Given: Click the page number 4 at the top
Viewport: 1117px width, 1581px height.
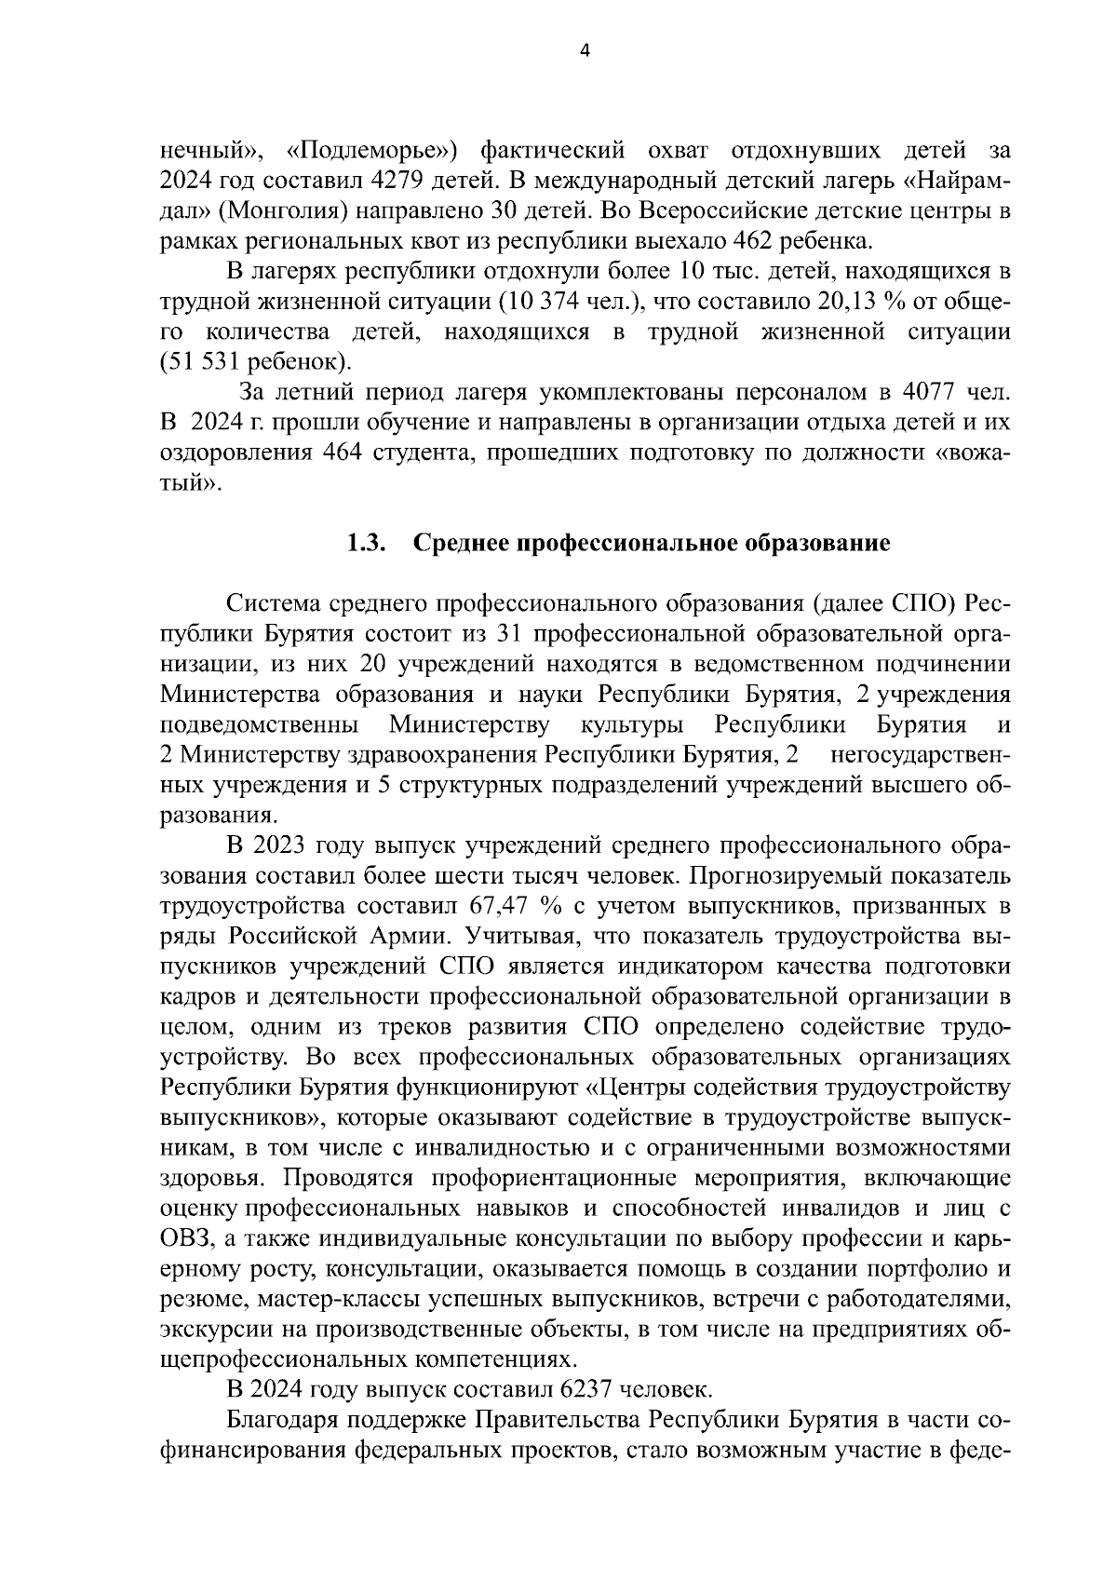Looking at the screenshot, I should click(585, 52).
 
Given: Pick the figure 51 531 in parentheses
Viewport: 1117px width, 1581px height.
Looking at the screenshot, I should click(204, 361).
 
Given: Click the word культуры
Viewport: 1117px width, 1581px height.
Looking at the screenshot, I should click(634, 724).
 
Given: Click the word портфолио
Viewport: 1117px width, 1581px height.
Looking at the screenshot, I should click(927, 1269).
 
